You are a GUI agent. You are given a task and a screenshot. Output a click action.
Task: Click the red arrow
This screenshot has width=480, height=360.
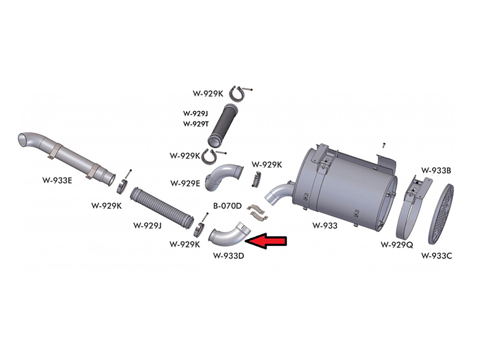coord(266,241)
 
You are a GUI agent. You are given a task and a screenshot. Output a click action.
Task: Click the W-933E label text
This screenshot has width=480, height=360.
coord(57,181)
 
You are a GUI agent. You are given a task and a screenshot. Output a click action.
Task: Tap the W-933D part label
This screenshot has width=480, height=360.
coord(229,256)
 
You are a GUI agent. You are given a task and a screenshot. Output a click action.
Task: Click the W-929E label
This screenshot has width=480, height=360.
coord(185,183)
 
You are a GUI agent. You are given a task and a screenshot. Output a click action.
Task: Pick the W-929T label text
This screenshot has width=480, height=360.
coord(196,124)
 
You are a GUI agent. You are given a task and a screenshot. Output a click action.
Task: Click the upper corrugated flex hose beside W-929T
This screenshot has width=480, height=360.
coord(223,125)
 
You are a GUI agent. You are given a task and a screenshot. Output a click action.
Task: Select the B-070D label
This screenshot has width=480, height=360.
coord(227,206)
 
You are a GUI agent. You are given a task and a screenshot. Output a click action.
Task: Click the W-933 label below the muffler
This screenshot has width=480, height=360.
coord(325,226)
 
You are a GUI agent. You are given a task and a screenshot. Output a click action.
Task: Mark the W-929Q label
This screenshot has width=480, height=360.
coord(397,245)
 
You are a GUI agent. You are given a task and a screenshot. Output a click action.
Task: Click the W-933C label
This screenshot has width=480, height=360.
coord(437,256)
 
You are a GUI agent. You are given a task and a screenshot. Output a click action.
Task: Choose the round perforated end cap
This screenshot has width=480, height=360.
coord(440,214)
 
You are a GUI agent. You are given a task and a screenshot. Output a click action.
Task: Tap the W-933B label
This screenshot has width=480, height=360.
coord(436,170)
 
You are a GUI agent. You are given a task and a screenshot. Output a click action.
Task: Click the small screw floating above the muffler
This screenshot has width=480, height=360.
coord(384,145)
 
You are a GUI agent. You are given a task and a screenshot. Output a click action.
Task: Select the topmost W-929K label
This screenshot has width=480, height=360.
coord(208,94)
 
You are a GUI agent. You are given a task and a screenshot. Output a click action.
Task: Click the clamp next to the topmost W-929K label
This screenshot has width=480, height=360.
coord(239,94)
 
